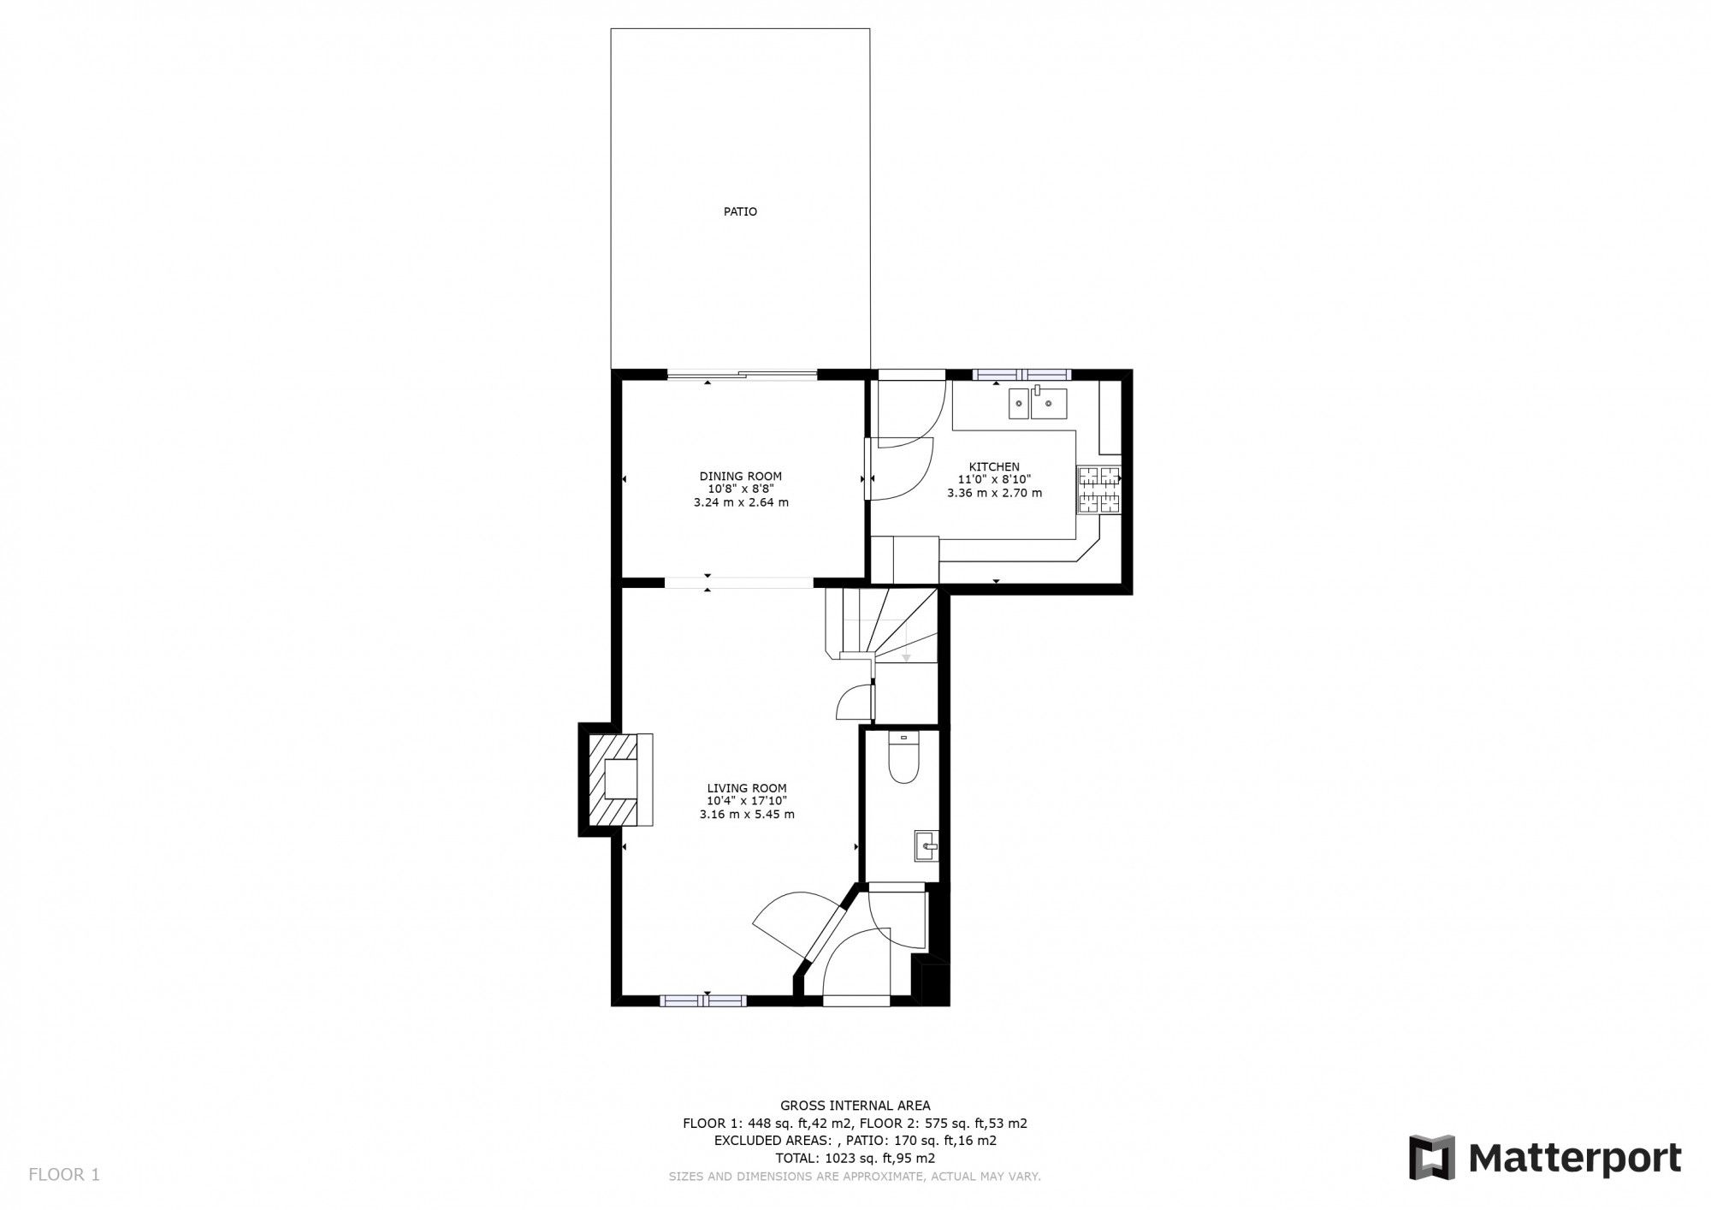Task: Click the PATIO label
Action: pyautogui.click(x=740, y=211)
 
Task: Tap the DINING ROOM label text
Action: pyautogui.click(x=740, y=477)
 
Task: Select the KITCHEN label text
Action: pyautogui.click(x=994, y=466)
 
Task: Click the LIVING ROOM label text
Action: pyautogui.click(x=746, y=788)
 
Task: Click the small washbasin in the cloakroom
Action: pyautogui.click(x=926, y=845)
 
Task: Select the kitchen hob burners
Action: pyautogui.click(x=1098, y=490)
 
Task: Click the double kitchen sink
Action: pyautogui.click(x=1037, y=403)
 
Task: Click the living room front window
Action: pyautogui.click(x=703, y=999)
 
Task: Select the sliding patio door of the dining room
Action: pyautogui.click(x=741, y=373)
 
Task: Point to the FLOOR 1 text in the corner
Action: pyautogui.click(x=64, y=1175)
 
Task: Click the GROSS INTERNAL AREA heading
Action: pyautogui.click(x=855, y=1106)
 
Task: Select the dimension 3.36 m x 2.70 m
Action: pyautogui.click(x=994, y=493)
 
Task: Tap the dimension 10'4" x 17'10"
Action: pyautogui.click(x=746, y=801)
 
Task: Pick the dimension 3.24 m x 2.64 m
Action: pyautogui.click(x=740, y=502)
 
